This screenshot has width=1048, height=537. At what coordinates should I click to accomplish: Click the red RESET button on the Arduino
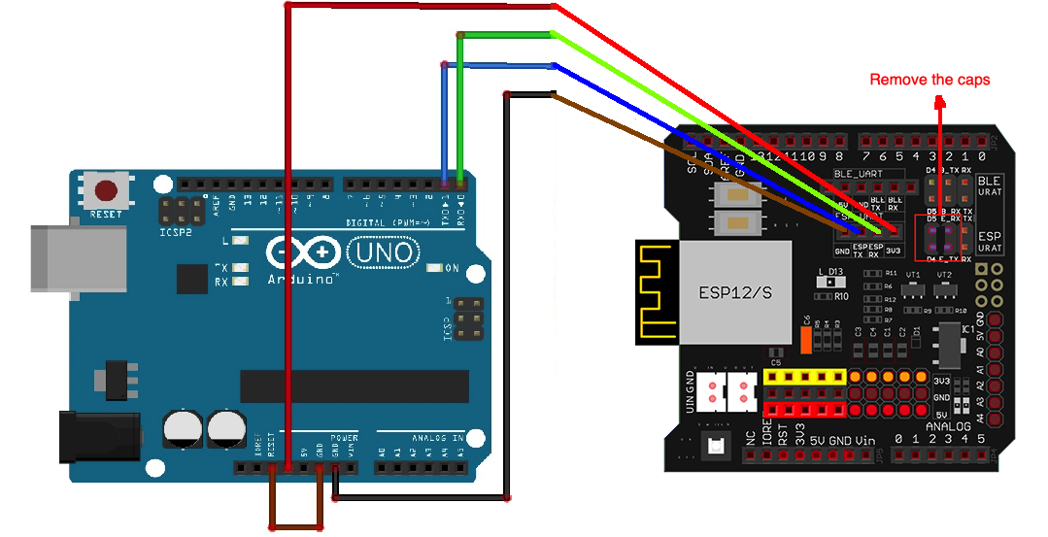pos(107,190)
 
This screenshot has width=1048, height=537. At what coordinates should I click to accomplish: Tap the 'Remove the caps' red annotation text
pos(930,80)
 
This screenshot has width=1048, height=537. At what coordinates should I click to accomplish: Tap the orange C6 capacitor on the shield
pos(805,337)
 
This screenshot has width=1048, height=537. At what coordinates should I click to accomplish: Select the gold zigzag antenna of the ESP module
pos(657,291)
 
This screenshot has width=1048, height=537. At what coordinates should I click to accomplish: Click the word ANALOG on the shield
pos(948,426)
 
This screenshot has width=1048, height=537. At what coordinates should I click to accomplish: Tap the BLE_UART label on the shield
pos(855,175)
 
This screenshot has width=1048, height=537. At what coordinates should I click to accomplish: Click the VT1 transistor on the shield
pos(912,289)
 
